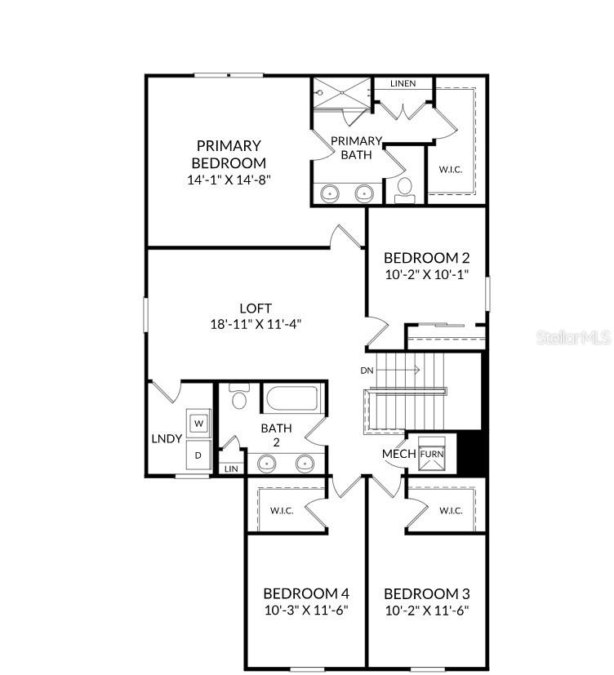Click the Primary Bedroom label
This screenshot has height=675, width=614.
(229, 154)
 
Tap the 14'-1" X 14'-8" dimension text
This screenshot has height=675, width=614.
(229, 179)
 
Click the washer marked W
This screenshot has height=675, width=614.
(199, 424)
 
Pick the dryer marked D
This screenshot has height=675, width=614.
(199, 455)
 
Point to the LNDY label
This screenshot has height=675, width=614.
(166, 438)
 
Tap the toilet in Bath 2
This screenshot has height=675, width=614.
(239, 398)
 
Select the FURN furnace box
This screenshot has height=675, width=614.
(431, 455)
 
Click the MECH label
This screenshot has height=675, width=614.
(399, 454)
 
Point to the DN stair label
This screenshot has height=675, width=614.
(367, 370)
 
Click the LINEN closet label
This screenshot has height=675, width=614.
(403, 83)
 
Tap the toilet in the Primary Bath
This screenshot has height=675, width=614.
(404, 189)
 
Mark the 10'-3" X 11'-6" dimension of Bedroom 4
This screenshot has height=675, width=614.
(305, 610)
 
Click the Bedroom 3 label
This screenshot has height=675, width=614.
(426, 593)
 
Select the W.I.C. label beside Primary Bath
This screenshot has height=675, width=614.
(451, 170)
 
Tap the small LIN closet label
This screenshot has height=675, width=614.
(231, 469)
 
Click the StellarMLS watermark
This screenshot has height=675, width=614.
(573, 337)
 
